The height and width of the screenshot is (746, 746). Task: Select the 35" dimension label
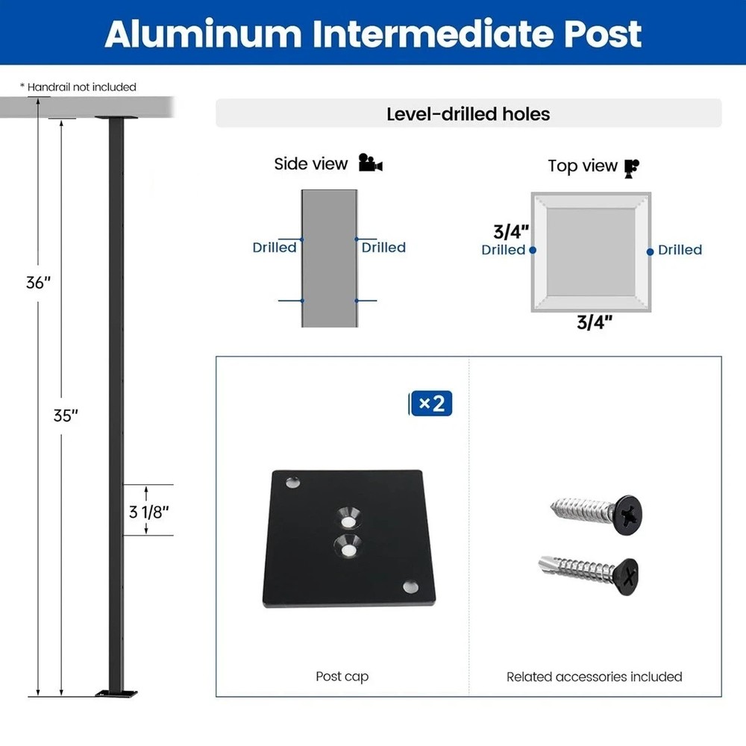(66, 416)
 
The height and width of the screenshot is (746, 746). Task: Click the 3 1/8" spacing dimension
(149, 511)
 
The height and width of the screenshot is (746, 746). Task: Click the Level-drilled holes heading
(468, 114)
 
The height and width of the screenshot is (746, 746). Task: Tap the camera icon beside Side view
(370, 163)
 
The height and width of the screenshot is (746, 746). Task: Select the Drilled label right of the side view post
(383, 247)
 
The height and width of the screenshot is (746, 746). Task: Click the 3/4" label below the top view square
(595, 322)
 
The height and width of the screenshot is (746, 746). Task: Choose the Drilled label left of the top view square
(503, 250)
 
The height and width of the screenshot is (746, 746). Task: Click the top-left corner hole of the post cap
(291, 483)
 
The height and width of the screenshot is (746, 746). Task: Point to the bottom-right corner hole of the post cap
(410, 587)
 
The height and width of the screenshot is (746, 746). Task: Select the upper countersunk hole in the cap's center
(348, 515)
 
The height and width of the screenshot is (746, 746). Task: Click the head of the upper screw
(628, 514)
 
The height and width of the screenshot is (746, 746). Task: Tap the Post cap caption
(342, 677)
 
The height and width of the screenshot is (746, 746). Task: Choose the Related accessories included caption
(594, 677)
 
